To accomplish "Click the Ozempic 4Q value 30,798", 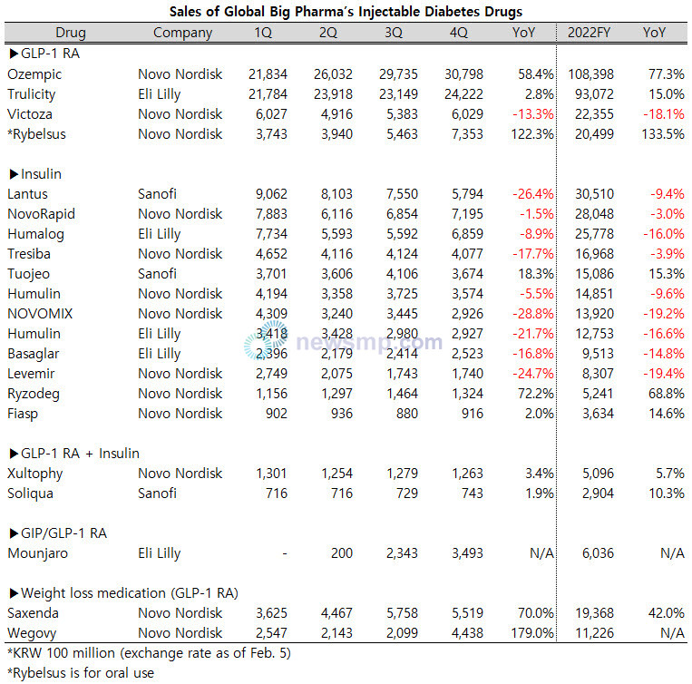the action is [463, 74].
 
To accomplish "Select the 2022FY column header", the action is [589, 33].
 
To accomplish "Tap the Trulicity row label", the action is [32, 94].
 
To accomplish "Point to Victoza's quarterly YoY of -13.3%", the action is [532, 114].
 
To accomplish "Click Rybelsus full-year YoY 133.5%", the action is [663, 134].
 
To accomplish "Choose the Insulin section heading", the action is [35, 174].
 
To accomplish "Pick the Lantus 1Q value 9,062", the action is [271, 194].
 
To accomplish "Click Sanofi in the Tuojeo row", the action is [157, 274].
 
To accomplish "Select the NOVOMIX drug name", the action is [40, 314].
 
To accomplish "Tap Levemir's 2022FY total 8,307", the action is [598, 374].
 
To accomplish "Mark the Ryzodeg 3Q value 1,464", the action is [402, 394].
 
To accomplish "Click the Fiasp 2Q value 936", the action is [342, 414].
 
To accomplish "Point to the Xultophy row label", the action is [34, 474].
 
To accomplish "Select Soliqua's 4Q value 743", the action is [473, 493].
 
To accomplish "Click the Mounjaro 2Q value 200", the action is [342, 553].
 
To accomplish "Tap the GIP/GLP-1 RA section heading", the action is [58, 533].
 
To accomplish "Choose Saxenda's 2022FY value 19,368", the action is [594, 613].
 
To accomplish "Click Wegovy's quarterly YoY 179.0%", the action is [532, 633].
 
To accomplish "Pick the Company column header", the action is [182, 33].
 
